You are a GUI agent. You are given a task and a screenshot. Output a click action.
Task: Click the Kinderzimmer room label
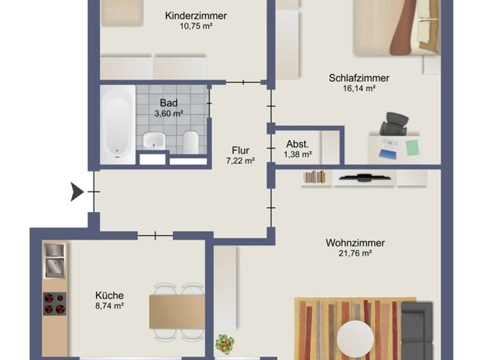pos(196,15)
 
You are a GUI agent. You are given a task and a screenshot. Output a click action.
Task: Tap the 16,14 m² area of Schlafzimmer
pos(359,89)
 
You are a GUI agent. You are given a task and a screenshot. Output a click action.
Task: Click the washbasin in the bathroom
pos(154,139)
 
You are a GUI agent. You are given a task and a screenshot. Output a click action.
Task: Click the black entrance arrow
pos(77,192)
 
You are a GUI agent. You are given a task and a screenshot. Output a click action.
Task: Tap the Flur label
pos(241,150)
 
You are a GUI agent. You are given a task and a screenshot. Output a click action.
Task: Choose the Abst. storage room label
pos(297,144)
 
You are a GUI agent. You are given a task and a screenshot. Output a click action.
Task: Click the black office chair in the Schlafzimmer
pos(393,124)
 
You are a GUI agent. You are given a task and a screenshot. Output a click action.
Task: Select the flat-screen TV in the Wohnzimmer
pos(364,176)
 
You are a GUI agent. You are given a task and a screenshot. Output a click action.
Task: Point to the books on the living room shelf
pos(315,177)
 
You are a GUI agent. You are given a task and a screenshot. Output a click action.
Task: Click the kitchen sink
pos(54,258)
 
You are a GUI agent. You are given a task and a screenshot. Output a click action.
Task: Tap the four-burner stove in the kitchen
pos(54,303)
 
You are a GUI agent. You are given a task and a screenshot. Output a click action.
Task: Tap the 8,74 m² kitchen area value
pos(109,307)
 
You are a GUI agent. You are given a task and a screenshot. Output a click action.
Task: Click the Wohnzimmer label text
pos(355,243)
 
